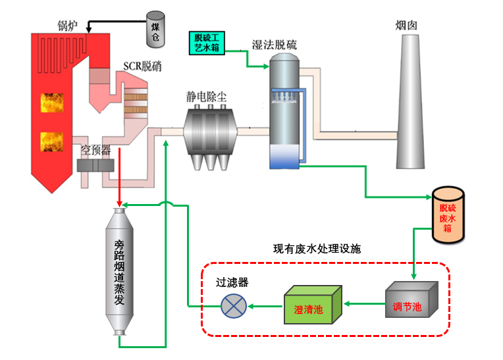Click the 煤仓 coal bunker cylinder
155,28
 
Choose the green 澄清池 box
313,306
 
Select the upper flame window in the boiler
53,103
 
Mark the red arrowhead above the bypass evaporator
119,201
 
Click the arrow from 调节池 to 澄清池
365,304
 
